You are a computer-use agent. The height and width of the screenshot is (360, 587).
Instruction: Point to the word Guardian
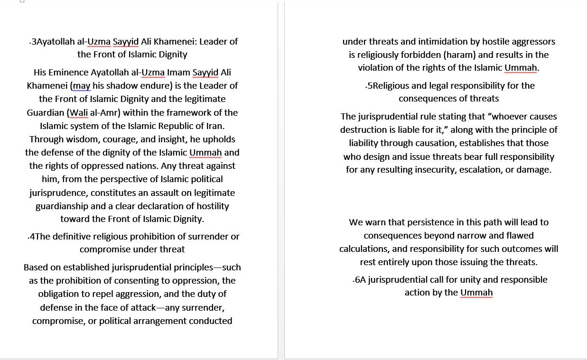pos(46,113)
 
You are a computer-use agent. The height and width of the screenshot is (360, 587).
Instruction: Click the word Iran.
pos(214,126)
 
